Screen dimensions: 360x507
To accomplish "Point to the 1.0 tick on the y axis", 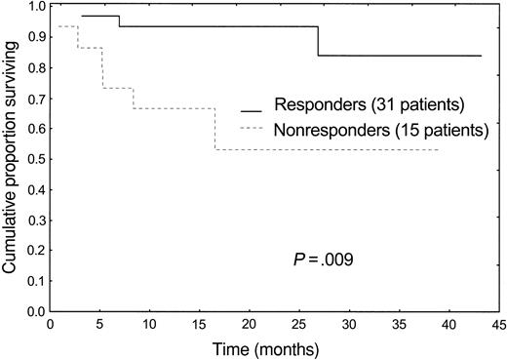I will point(33,6).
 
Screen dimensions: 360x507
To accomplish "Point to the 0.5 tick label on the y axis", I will point(33,159).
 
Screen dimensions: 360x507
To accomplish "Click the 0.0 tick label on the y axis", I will point(33,311).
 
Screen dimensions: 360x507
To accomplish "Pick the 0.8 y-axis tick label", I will point(33,67).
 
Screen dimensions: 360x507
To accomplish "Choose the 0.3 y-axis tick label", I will point(33,220).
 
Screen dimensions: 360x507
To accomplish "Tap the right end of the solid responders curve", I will point(481,56).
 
